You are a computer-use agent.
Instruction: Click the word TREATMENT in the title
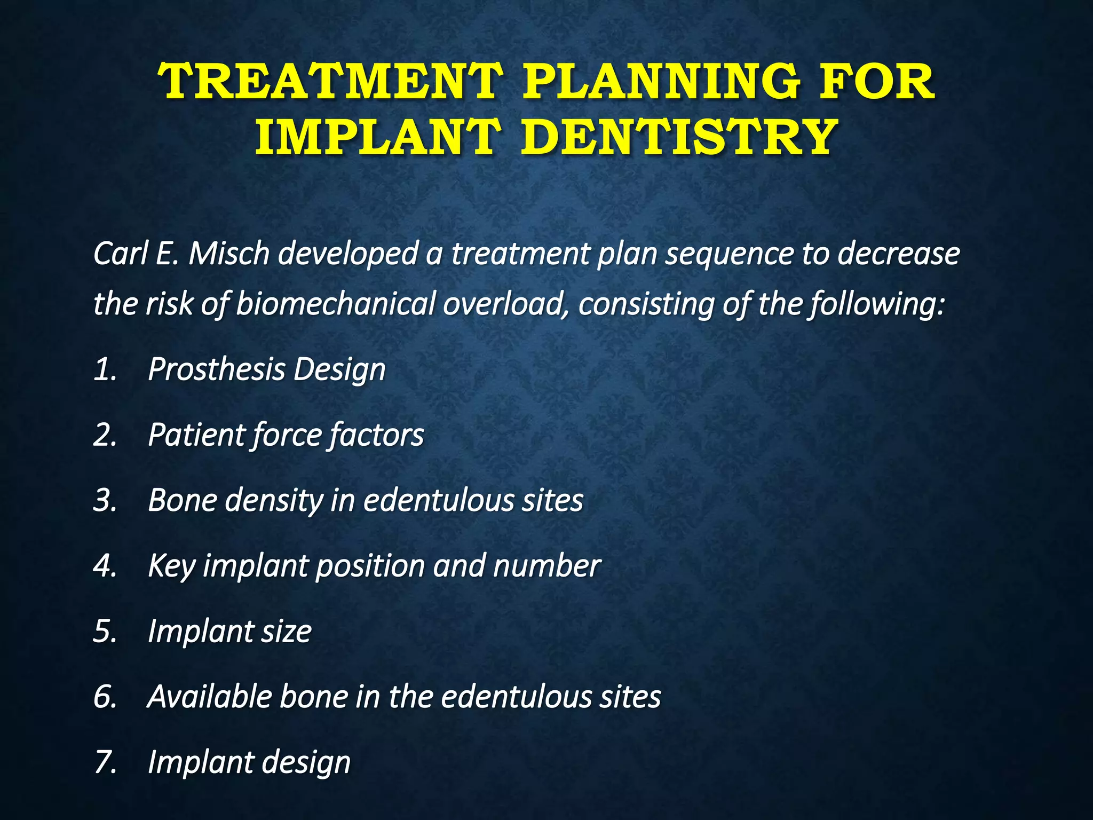(330, 82)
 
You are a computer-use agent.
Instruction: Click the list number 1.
(105, 369)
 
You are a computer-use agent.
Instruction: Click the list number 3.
(105, 501)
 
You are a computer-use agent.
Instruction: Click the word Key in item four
(171, 566)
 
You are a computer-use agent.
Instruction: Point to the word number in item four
(546, 566)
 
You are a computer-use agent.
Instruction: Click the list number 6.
(105, 697)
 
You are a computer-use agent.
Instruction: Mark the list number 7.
(105, 762)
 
